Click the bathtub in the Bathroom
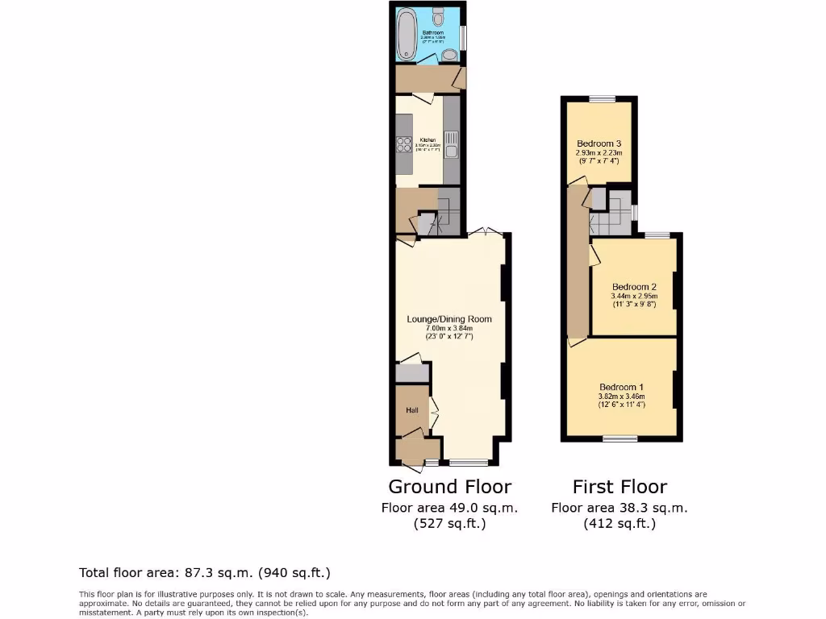(x=406, y=34)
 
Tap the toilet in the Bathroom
(x=439, y=15)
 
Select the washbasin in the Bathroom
(x=450, y=55)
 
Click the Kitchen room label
(x=427, y=139)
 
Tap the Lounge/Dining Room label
(x=449, y=319)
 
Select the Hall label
(x=412, y=410)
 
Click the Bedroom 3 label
(x=598, y=143)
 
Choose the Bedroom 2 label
(x=634, y=287)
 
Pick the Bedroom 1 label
(x=621, y=386)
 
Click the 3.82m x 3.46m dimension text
(x=621, y=396)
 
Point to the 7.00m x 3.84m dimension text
(x=449, y=328)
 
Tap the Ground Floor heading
(x=449, y=487)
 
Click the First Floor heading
(x=619, y=487)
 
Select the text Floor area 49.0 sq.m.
(x=449, y=508)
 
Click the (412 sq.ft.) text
(x=619, y=524)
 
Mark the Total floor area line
(x=205, y=573)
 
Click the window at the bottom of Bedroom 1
(x=620, y=439)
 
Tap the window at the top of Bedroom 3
(x=602, y=98)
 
